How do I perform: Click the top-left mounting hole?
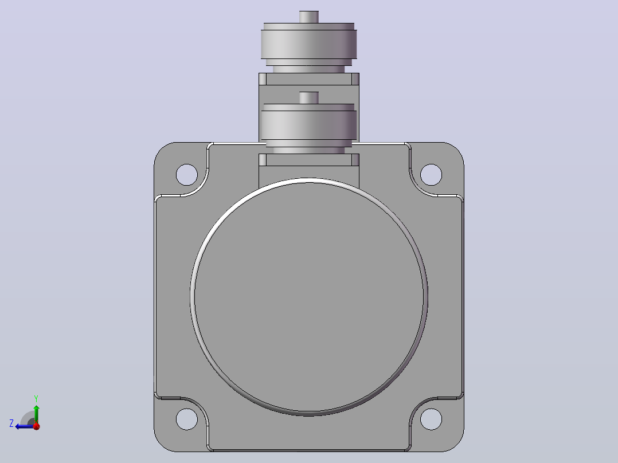pyautogui.click(x=187, y=175)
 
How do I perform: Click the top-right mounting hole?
pyautogui.click(x=431, y=175)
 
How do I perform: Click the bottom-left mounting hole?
pyautogui.click(x=187, y=419)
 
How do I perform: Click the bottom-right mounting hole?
pyautogui.click(x=431, y=419)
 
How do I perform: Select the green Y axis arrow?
pyautogui.click(x=36, y=414)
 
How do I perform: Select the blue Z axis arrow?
pyautogui.click(x=25, y=426)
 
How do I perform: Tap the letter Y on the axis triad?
pyautogui.click(x=36, y=398)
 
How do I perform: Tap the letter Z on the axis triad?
pyautogui.click(x=11, y=423)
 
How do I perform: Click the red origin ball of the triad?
pyautogui.click(x=36, y=426)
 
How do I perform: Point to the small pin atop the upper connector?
pyautogui.click(x=309, y=17)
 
